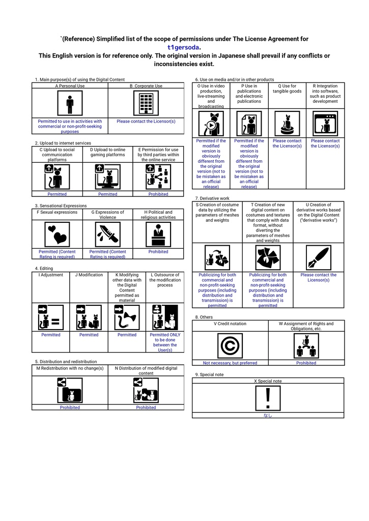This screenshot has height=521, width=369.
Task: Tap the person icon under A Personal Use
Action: coord(70,104)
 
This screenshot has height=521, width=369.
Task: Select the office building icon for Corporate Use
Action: coord(146,104)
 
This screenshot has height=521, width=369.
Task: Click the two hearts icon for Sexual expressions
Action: coord(57,235)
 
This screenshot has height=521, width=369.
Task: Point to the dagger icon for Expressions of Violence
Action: coord(107,235)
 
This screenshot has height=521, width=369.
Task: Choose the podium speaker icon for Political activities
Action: coord(158,235)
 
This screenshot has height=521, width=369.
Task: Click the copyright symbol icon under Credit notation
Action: coord(230,346)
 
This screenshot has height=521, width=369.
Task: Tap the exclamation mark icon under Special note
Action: coord(268,398)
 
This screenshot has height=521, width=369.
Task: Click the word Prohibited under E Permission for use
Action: coord(158,194)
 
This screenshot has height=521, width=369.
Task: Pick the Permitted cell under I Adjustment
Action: coord(51,335)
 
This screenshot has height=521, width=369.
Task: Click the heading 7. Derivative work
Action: coord(212,198)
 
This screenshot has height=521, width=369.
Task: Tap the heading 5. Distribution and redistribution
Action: coord(66,362)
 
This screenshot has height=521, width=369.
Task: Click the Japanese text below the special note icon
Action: coord(268,415)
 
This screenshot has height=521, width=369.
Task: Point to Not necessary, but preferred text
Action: coord(230,363)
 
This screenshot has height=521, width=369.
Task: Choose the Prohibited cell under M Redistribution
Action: coord(70,408)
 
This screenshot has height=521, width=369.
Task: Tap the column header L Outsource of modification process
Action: coord(165,280)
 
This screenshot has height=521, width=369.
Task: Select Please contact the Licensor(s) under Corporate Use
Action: coord(146,122)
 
